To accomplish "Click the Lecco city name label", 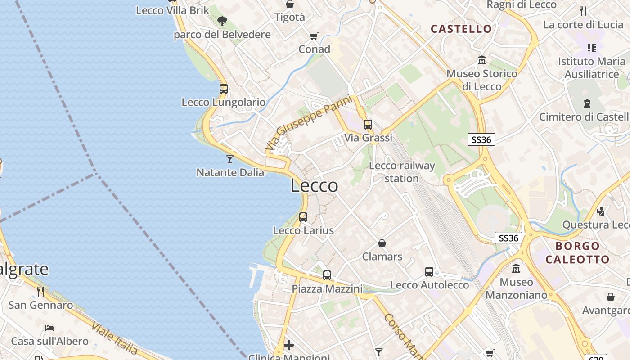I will (314, 185).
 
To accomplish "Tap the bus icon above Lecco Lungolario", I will (224, 89).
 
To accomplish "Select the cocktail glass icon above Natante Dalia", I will (230, 159).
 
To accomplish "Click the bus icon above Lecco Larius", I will (303, 217).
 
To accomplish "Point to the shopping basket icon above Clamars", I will (382, 243).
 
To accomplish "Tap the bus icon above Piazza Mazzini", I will (327, 275).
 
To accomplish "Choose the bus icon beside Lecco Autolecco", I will (429, 272).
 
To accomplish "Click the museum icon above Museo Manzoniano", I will (516, 269).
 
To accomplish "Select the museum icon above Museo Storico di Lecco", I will (482, 60).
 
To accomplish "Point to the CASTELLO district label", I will (461, 29).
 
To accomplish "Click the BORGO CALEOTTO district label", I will (577, 252).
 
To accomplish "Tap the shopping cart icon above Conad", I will (314, 36).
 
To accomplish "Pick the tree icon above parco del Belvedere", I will (222, 21).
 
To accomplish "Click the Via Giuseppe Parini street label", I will (308, 123).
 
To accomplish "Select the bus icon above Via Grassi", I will (368, 125).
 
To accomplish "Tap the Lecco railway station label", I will (402, 172).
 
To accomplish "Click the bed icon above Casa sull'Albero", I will (49, 328).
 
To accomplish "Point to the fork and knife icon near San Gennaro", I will (40, 292).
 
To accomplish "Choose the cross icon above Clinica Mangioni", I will (289, 345).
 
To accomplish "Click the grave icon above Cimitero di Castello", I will (587, 103).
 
